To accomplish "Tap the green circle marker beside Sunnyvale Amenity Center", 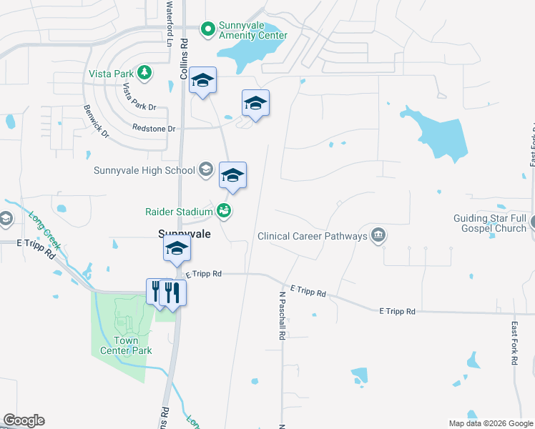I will [x=208, y=29].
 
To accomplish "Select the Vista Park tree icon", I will [x=144, y=72].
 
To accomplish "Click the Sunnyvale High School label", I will [x=144, y=170].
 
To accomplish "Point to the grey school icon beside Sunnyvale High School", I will [x=206, y=169].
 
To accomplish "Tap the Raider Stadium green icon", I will [x=224, y=211].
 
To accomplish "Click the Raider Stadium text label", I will [x=179, y=212].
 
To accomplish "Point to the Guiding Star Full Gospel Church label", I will [x=490, y=223].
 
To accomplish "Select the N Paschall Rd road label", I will [x=283, y=315].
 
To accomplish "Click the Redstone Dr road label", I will [x=154, y=128].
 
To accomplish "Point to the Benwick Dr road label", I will [x=96, y=123].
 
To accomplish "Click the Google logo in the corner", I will [x=24, y=420].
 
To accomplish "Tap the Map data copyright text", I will [x=491, y=423].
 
